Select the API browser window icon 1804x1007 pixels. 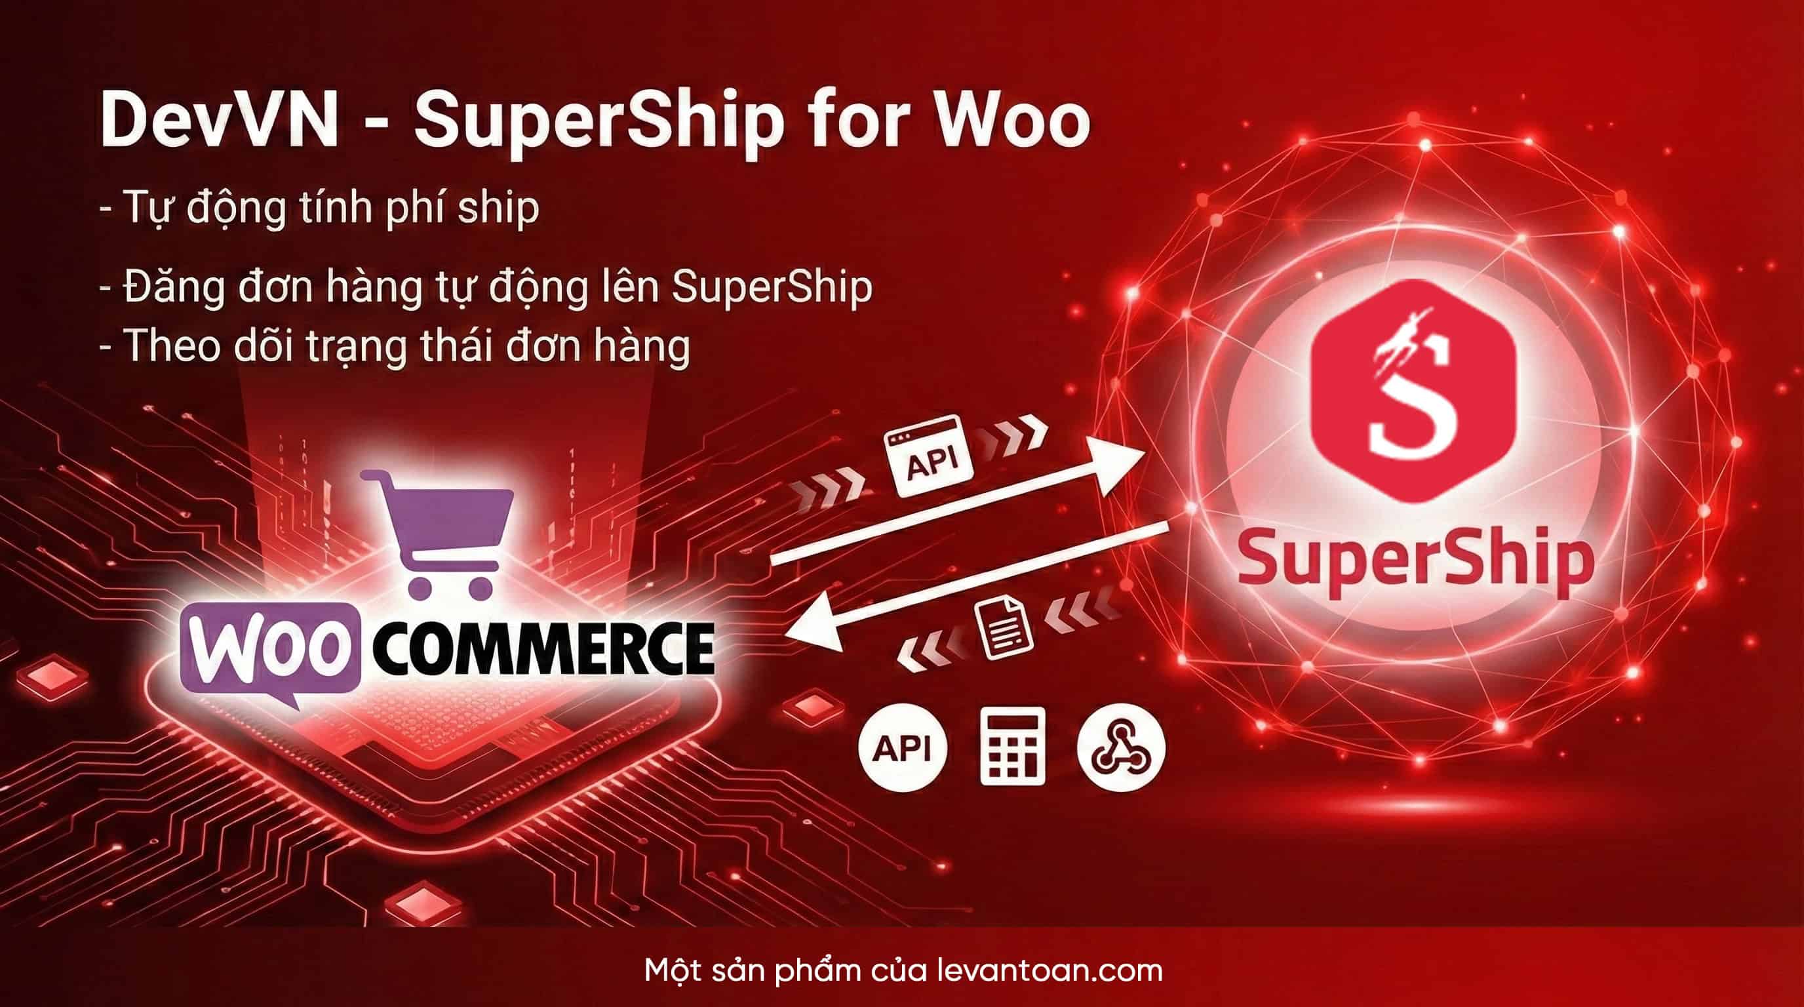pos(929,456)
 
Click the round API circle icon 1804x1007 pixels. pos(903,748)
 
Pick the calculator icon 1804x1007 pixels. pos(1012,747)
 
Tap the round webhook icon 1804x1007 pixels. pos(1121,747)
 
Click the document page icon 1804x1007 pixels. pos(1004,627)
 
